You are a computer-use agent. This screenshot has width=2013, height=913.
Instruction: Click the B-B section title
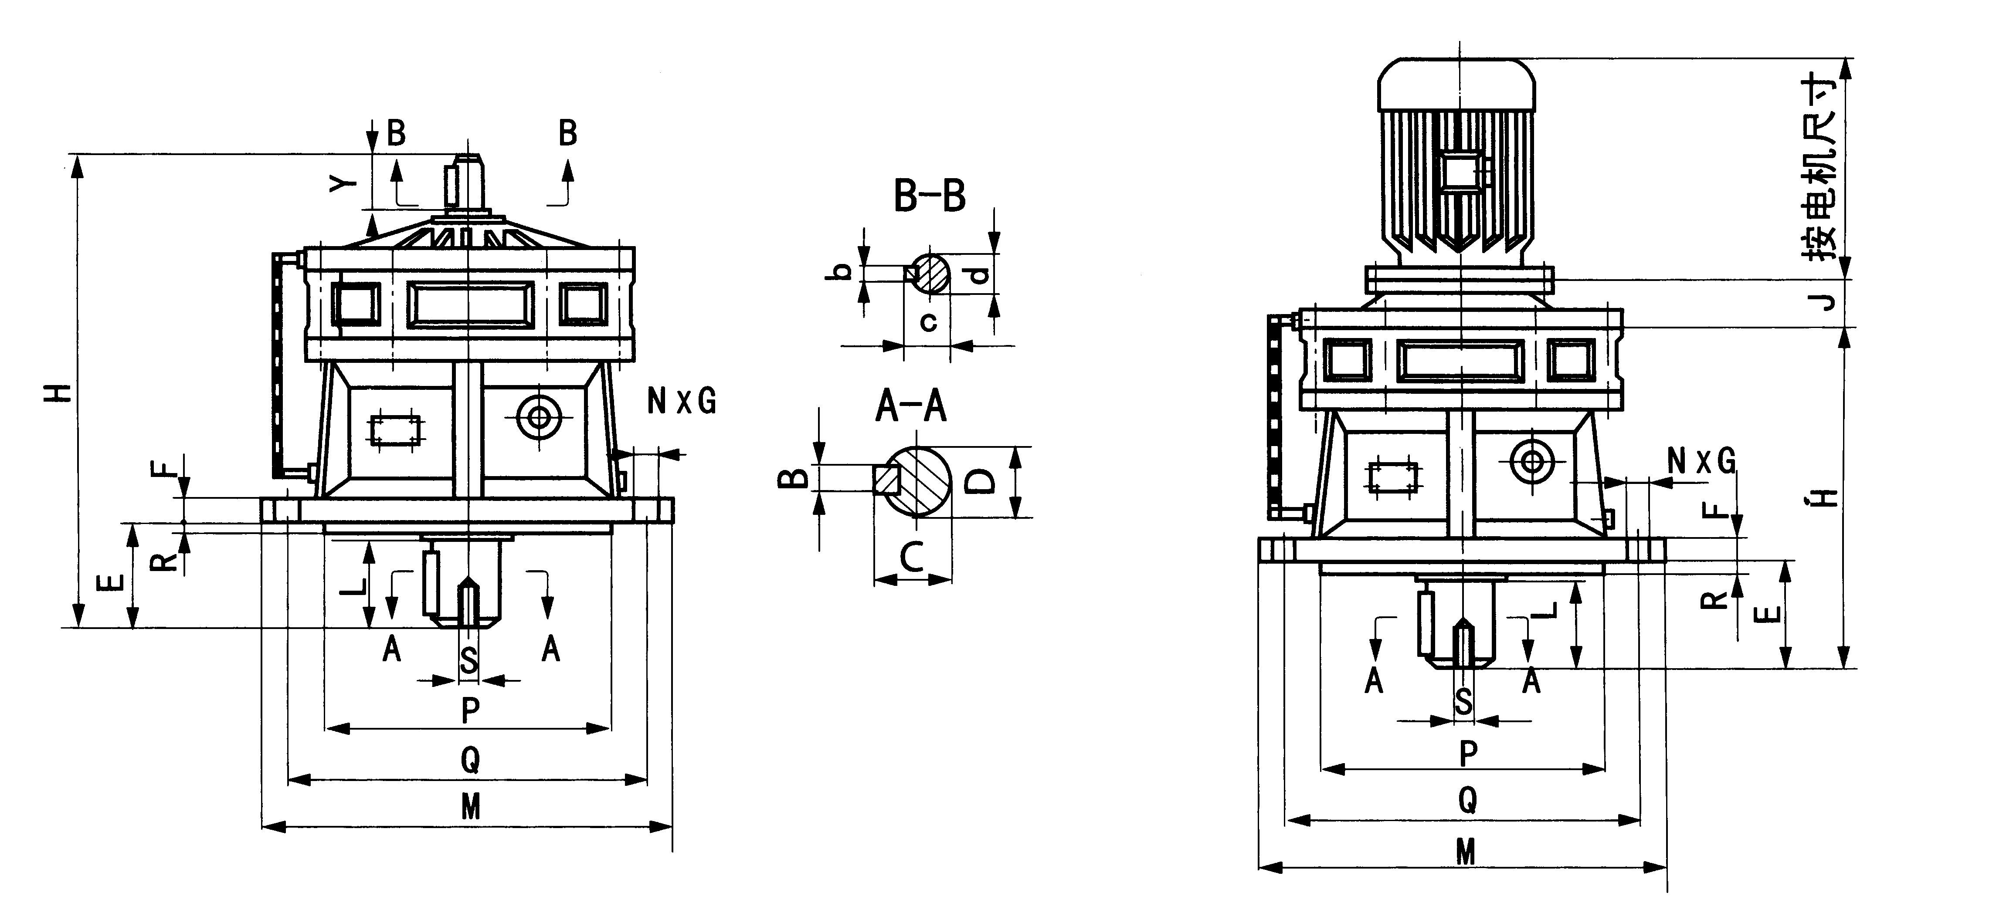tap(929, 196)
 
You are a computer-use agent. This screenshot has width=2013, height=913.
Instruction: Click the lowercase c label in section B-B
tap(928, 321)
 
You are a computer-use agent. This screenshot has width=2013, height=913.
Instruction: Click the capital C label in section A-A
tap(912, 556)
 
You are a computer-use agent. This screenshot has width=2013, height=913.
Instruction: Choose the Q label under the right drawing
tap(1467, 800)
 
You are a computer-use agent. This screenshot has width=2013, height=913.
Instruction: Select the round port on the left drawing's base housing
tap(538, 417)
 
